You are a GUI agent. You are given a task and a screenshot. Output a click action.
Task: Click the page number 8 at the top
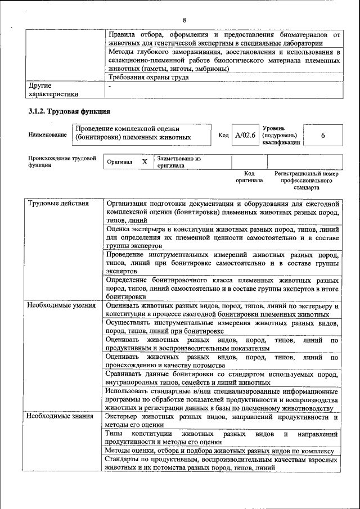click(184, 5)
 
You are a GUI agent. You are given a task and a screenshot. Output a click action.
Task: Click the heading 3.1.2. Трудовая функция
click(69, 112)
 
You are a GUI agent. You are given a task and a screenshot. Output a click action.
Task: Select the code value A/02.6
click(245, 136)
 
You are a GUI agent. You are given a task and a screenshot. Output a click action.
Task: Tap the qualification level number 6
click(322, 136)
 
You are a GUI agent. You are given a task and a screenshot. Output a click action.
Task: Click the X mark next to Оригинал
click(144, 162)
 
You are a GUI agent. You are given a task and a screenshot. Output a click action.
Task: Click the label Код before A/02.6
click(223, 136)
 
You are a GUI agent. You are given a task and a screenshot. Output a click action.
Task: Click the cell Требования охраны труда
click(148, 78)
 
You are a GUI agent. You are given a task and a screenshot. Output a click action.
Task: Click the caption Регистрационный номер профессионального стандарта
click(306, 181)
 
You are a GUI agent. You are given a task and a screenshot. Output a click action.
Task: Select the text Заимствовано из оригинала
click(179, 162)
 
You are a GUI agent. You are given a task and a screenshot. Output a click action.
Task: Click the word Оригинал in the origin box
click(120, 162)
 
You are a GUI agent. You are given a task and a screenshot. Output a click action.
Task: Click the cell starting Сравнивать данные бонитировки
click(222, 378)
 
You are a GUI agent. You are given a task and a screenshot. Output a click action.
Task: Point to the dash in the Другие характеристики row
click(109, 86)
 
